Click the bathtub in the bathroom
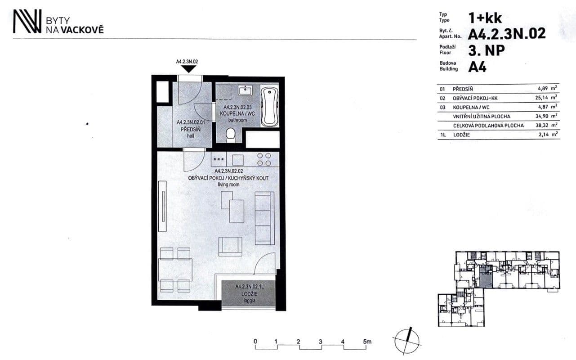coord(270,106)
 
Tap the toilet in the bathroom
coord(230,134)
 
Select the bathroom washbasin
coord(245,90)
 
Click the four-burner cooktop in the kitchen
coord(264,159)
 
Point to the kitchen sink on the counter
coord(237,159)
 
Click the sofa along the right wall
coord(264,218)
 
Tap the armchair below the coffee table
coord(230,246)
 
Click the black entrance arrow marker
coord(189,69)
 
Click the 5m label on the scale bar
coord(367,342)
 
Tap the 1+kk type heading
coord(485,18)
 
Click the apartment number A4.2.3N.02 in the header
coord(507,34)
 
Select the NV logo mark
coord(27,22)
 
